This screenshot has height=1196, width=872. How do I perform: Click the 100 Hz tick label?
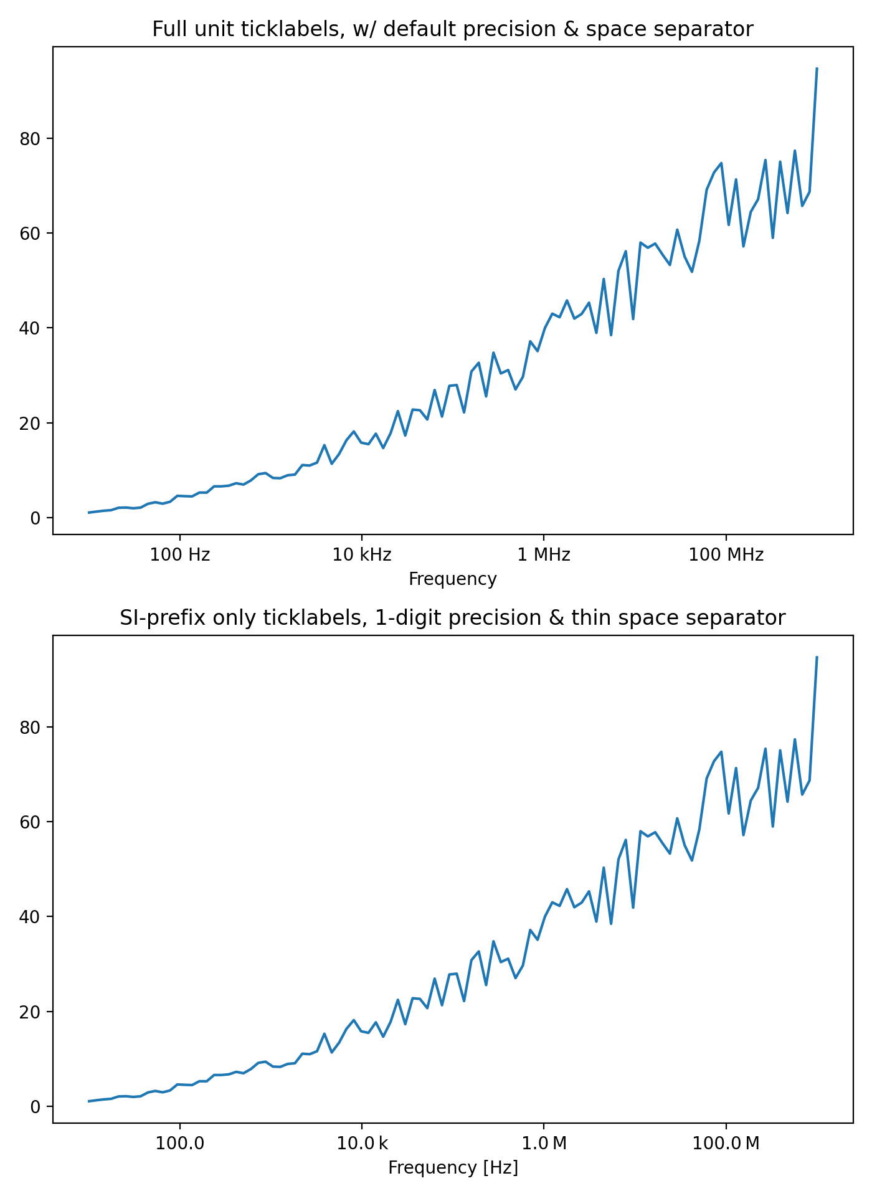click(180, 554)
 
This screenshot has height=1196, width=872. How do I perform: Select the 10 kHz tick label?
click(362, 554)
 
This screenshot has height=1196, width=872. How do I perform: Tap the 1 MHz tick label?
click(544, 554)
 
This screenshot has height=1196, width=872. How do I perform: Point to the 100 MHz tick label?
click(726, 554)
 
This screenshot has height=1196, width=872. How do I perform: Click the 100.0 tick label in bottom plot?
click(180, 1143)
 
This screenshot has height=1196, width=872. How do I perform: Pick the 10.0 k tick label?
click(362, 1143)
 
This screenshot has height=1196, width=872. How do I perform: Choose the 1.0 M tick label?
click(544, 1143)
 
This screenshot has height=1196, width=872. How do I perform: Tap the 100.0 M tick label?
click(726, 1143)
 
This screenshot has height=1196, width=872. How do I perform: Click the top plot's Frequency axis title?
click(453, 579)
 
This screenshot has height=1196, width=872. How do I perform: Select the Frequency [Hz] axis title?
click(453, 1167)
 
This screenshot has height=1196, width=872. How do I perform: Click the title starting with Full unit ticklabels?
click(453, 29)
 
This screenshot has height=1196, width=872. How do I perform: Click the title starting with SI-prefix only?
click(453, 618)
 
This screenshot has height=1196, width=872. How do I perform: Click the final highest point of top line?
click(817, 68)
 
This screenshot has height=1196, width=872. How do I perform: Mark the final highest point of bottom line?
click(817, 657)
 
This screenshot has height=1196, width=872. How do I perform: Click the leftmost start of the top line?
click(89, 513)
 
